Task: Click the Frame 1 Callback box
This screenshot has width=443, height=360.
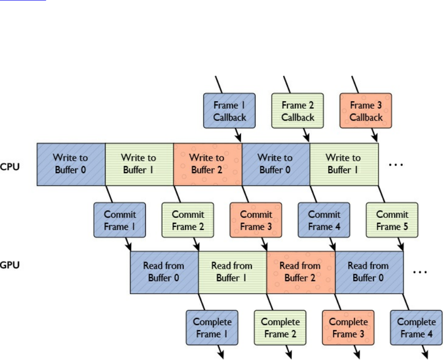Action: click(230, 111)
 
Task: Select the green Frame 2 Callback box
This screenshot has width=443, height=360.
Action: click(298, 111)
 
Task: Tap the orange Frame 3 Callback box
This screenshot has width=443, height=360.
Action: click(366, 111)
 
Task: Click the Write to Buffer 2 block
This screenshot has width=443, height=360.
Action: click(207, 163)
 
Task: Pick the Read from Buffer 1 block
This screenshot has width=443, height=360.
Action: click(232, 272)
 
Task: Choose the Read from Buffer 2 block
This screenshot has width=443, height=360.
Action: click(301, 272)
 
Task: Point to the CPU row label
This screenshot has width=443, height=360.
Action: click(10, 167)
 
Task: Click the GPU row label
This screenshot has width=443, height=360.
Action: click(10, 266)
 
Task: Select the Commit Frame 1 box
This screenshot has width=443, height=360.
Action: click(120, 220)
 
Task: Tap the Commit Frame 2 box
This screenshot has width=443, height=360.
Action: click(188, 220)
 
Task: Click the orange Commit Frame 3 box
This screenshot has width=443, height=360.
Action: click(256, 220)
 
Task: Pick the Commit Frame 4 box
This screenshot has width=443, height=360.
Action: click(324, 220)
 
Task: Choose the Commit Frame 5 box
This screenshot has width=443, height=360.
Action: click(392, 220)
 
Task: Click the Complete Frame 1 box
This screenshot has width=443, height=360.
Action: click(212, 328)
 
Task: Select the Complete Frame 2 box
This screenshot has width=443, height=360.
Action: click(280, 328)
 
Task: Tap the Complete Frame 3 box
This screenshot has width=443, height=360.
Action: click(348, 328)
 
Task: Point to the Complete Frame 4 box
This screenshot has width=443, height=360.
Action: click(416, 328)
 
